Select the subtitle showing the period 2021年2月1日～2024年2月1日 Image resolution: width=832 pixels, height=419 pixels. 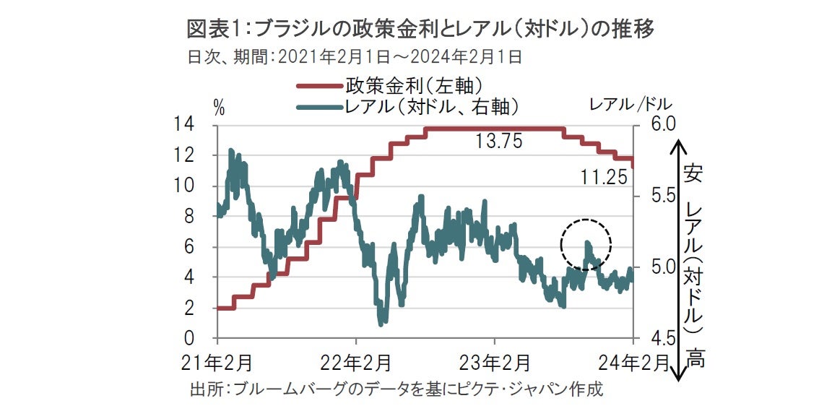pyautogui.click(x=354, y=57)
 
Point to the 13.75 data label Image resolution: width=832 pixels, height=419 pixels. pyautogui.click(x=498, y=142)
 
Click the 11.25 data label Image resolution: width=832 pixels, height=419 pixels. pyautogui.click(x=604, y=176)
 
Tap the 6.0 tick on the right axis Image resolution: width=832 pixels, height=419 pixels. pyautogui.click(x=654, y=124)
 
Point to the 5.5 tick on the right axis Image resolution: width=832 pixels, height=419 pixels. pyautogui.click(x=654, y=196)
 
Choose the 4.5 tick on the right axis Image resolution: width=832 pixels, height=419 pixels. pyautogui.click(x=654, y=338)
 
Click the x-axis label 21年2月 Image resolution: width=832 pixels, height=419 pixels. pyautogui.click(x=217, y=360)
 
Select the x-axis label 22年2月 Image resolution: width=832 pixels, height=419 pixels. pyautogui.click(x=355, y=360)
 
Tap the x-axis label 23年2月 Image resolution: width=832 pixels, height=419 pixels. pyautogui.click(x=494, y=360)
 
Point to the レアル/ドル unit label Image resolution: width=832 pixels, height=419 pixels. pyautogui.click(x=630, y=103)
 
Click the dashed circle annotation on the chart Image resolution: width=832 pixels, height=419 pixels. pyautogui.click(x=586, y=245)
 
